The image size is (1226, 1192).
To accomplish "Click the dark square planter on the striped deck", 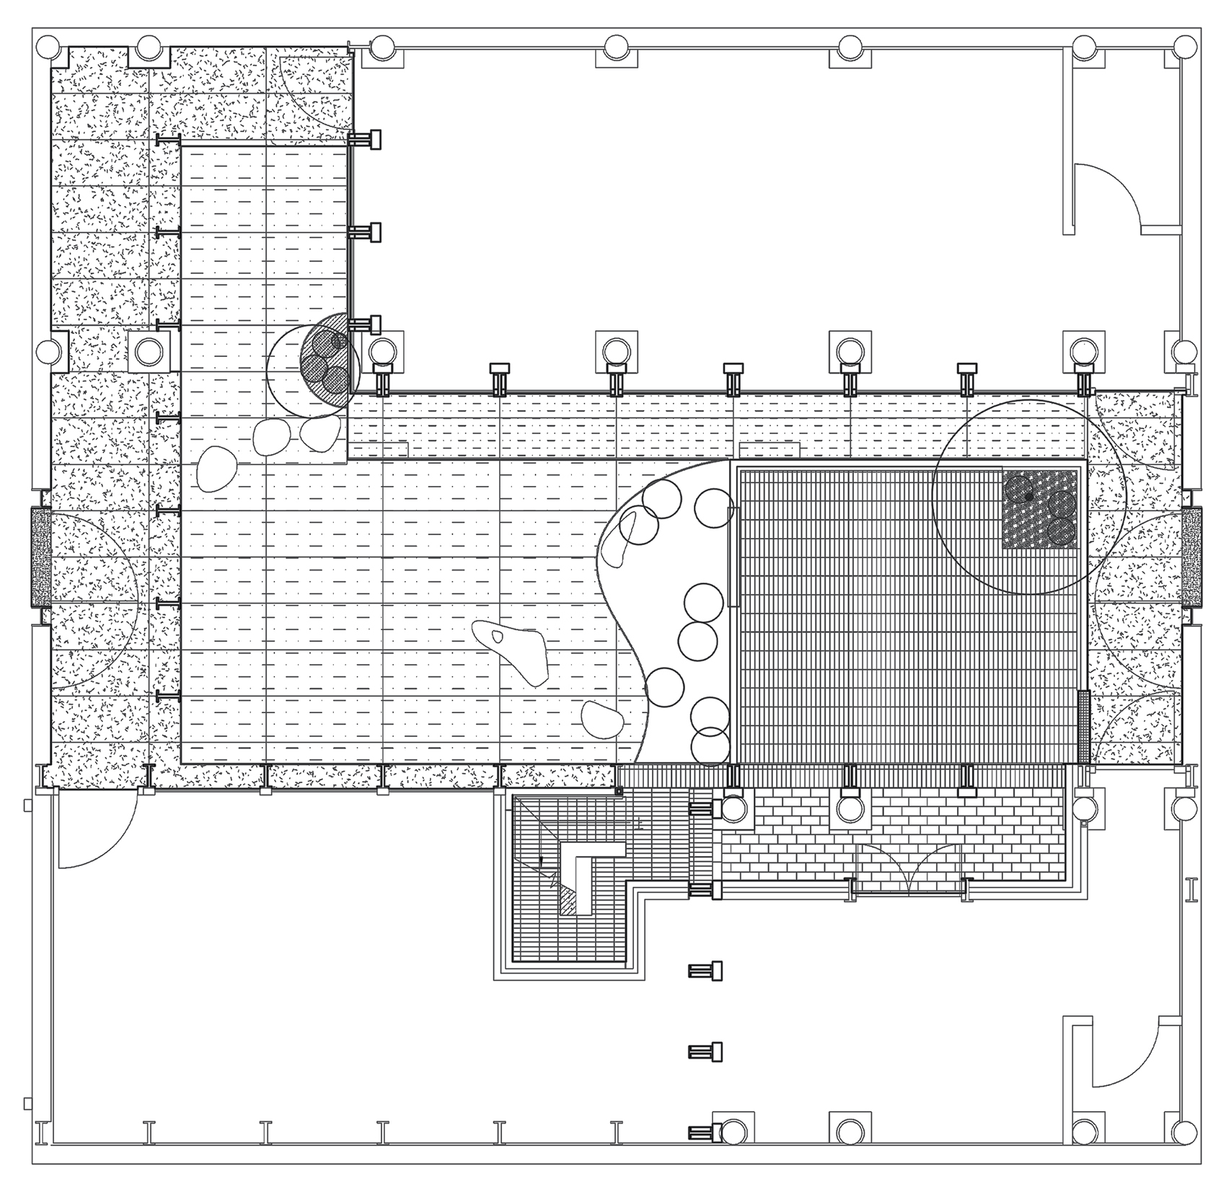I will [1040, 508].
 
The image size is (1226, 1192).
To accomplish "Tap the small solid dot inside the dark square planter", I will [1028, 496].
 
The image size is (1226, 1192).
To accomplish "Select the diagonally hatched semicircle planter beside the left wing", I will [330, 364].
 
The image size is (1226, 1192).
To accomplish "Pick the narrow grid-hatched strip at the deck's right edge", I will [1083, 727].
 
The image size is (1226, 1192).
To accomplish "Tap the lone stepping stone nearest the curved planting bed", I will [603, 719].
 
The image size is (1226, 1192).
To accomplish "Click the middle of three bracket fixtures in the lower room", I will [705, 1051].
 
